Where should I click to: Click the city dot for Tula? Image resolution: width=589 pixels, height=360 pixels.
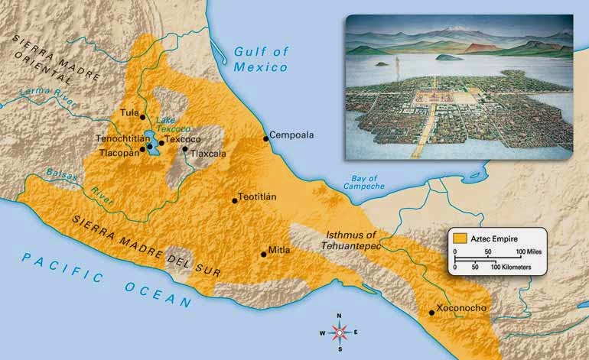point(142,116)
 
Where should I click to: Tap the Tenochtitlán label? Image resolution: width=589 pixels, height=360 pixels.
point(121,139)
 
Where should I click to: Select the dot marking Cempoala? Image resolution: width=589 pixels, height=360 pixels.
point(265,138)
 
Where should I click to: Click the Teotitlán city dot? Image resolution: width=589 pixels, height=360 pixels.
point(234,200)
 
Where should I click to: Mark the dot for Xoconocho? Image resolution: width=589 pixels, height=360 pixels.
point(431,313)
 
